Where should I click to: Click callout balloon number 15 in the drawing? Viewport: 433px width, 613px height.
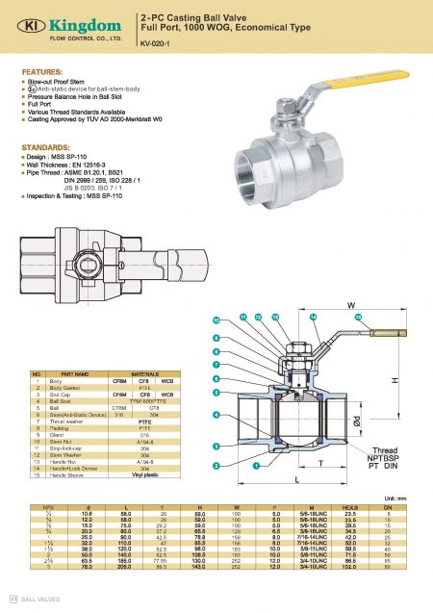[x=358, y=318]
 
